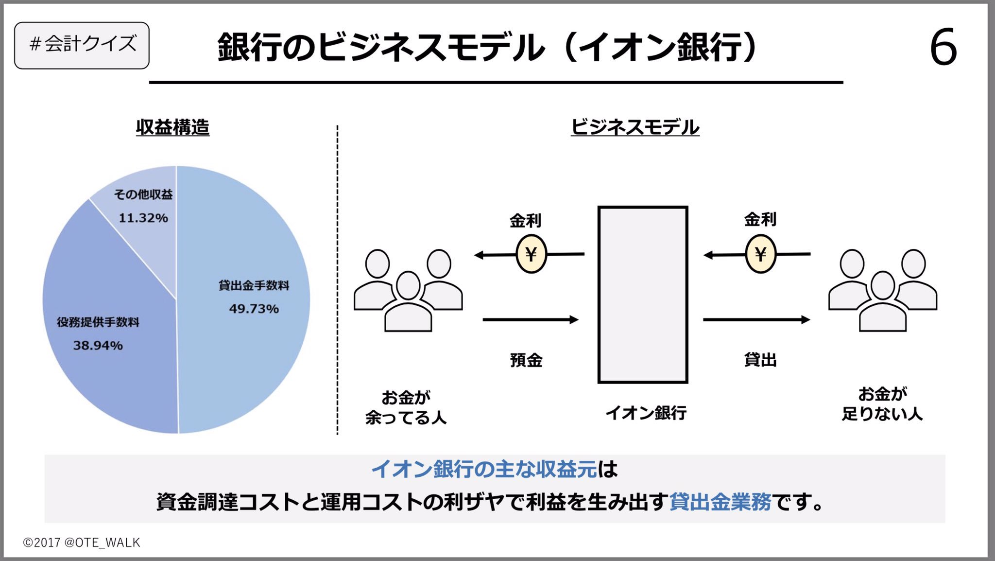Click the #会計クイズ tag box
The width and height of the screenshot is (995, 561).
point(82,45)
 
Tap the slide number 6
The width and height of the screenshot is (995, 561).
point(943,48)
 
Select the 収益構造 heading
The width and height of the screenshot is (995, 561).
point(172,127)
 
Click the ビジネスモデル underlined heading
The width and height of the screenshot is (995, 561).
point(635,127)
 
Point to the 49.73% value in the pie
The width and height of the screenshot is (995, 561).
point(254,309)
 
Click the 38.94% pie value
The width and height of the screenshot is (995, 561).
point(98,346)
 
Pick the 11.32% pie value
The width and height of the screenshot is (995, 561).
point(143,218)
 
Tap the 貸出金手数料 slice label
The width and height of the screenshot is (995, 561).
point(254,285)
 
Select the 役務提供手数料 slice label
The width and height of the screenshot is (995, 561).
point(98,322)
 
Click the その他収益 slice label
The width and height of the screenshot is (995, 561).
point(143,194)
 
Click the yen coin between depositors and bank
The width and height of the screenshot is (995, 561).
point(531,254)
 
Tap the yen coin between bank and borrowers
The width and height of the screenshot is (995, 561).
point(760,254)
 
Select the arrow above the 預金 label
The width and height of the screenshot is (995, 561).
point(530,319)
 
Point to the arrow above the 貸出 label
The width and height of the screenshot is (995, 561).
point(756,319)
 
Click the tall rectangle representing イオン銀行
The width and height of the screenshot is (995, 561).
point(643,295)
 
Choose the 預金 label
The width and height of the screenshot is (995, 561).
point(526,360)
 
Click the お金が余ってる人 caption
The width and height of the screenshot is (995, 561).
point(406,407)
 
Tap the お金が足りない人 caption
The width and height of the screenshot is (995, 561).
point(882,404)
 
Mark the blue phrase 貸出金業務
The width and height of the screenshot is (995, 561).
point(720,502)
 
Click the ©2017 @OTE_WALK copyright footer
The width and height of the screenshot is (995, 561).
point(82,543)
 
